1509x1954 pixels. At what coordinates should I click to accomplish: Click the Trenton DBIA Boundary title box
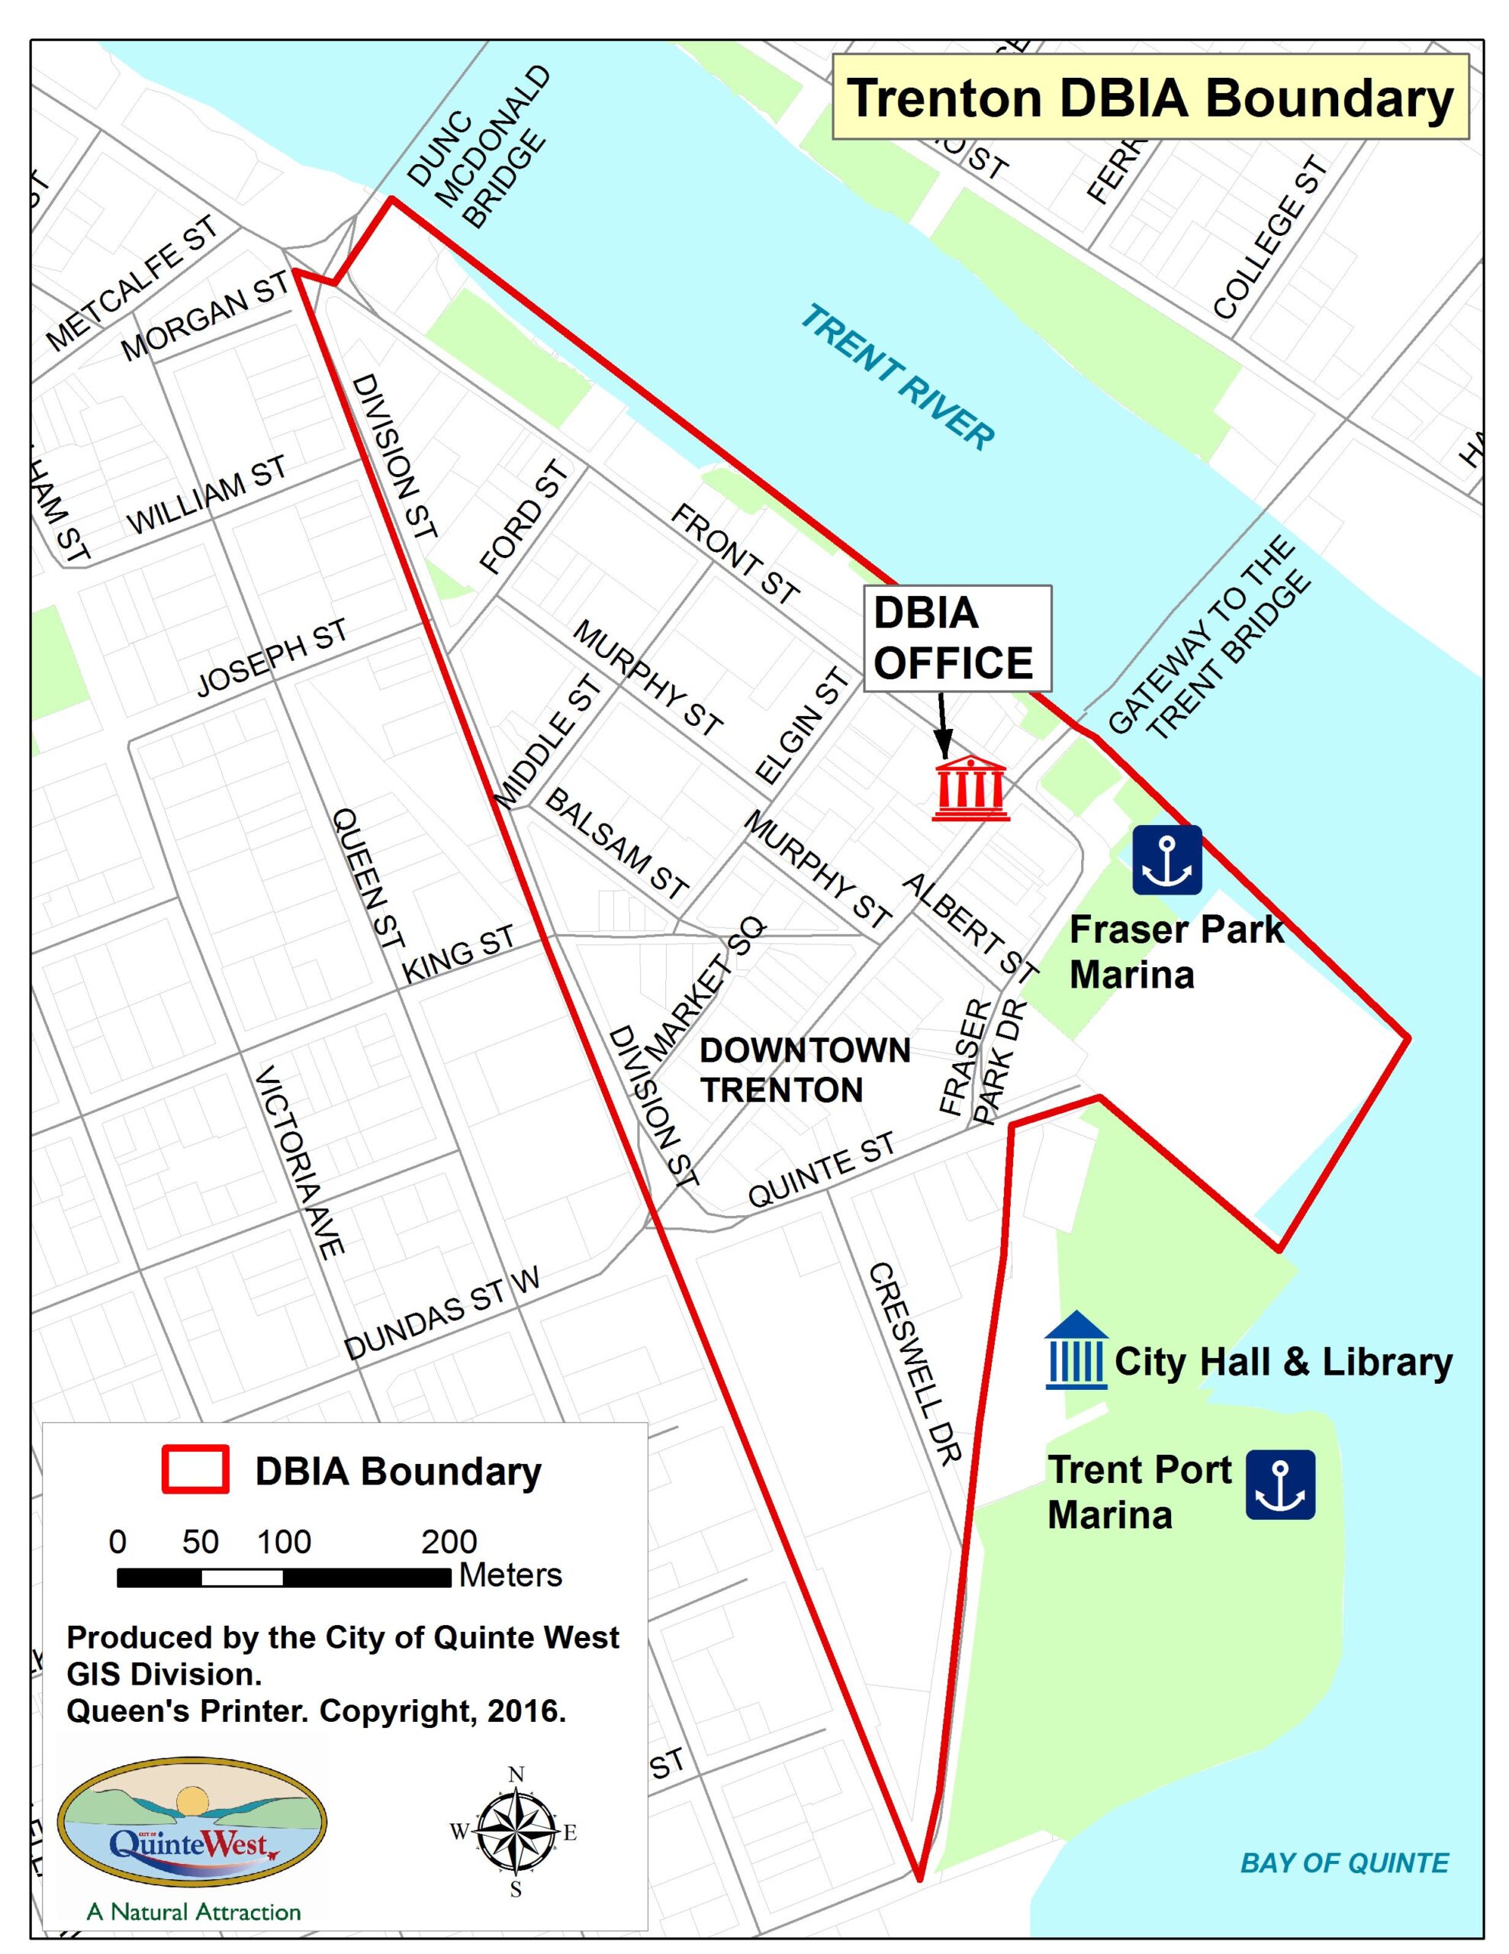click(1150, 98)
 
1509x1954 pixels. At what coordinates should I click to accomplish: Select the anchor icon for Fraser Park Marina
click(1166, 859)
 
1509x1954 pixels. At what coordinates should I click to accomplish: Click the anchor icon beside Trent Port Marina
click(1280, 1485)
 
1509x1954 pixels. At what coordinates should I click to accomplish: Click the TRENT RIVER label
click(896, 376)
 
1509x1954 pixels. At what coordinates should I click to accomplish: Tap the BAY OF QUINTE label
click(1343, 1862)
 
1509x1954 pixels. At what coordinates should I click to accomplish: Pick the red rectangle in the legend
click(195, 1470)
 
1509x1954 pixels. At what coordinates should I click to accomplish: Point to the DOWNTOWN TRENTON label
click(804, 1070)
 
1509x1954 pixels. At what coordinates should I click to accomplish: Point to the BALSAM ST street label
click(616, 843)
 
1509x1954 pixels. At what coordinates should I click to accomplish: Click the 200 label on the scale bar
click(449, 1542)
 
